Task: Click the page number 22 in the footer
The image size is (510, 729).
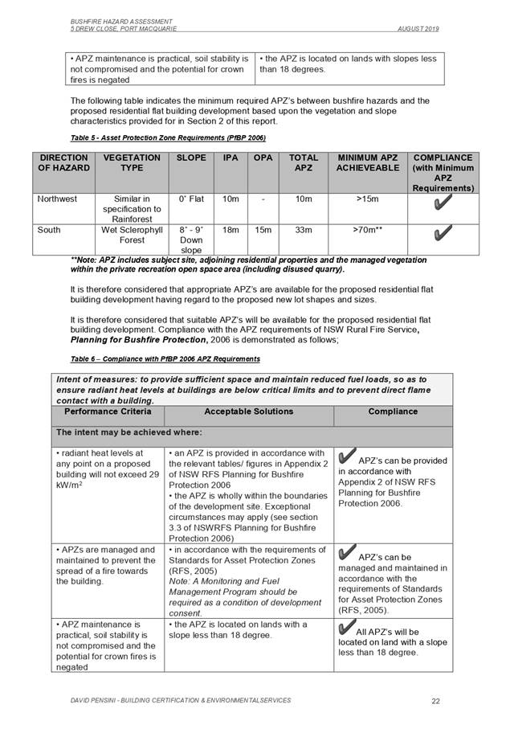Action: pos(435,701)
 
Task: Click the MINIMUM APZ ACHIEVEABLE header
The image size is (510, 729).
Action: pos(367,164)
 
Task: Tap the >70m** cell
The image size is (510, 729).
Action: pos(367,230)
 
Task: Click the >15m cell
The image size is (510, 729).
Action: pos(367,199)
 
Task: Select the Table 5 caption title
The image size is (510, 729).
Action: pos(157,137)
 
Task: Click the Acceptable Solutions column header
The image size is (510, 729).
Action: pos(248,412)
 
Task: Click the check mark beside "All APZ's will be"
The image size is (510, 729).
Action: pos(345,629)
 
